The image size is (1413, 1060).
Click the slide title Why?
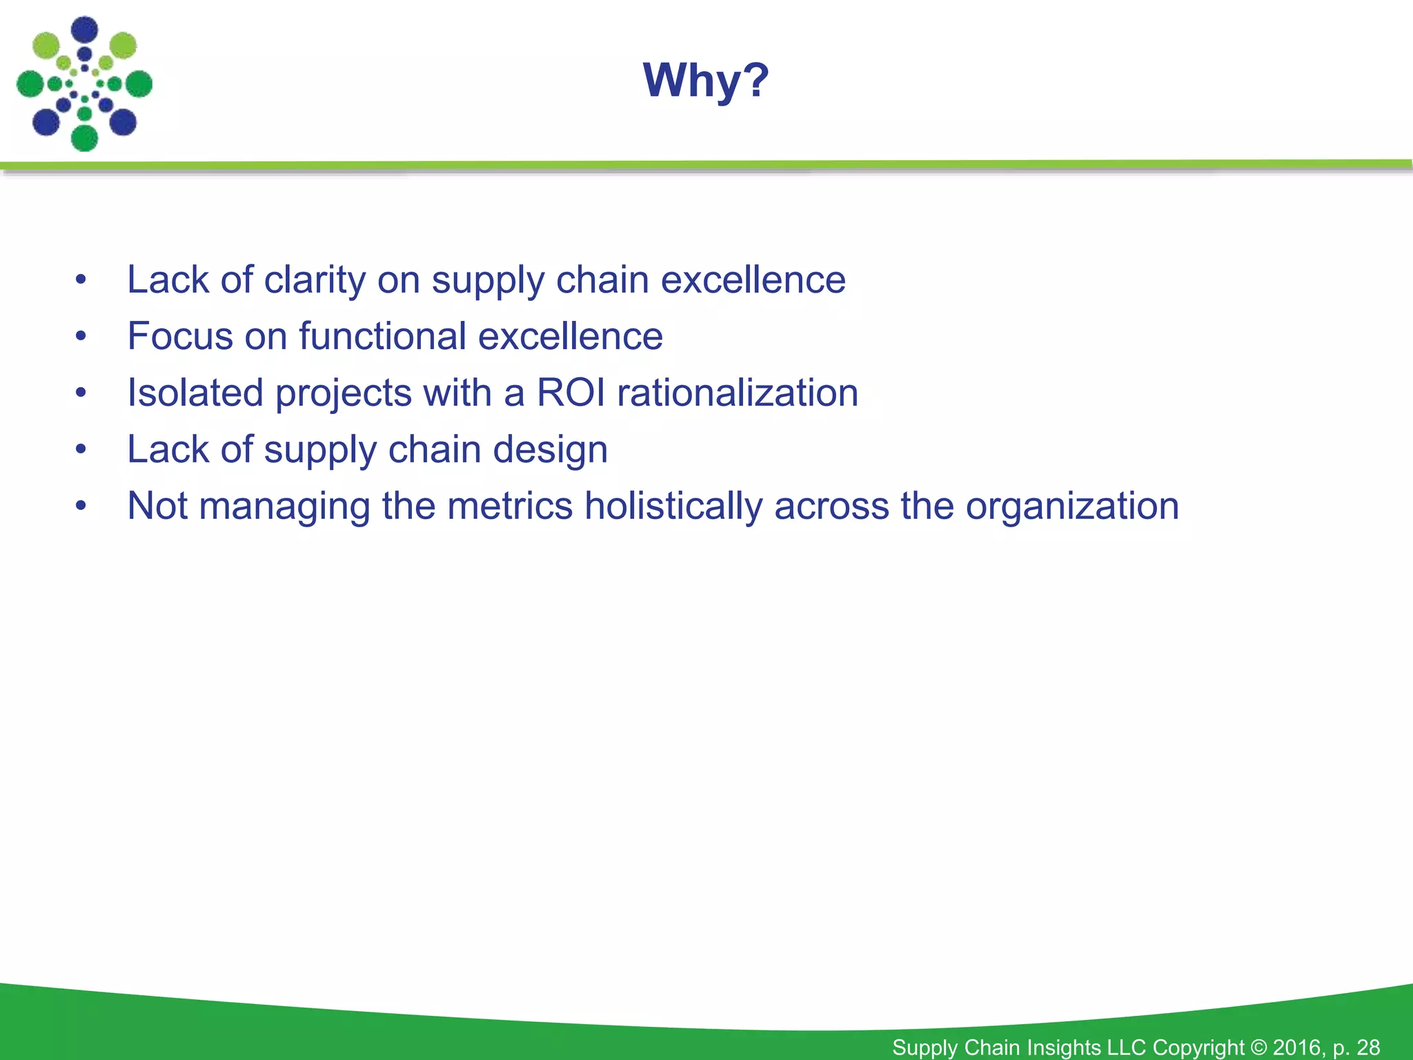pyautogui.click(x=706, y=80)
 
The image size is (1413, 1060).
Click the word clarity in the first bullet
pyautogui.click(x=315, y=280)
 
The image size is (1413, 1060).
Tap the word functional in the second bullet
pyautogui.click(x=382, y=337)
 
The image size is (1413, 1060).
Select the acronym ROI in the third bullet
pyautogui.click(x=571, y=393)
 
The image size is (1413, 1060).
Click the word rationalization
pyautogui.click(x=737, y=393)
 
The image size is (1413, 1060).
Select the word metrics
pyautogui.click(x=509, y=507)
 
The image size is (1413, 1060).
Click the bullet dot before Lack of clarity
pyautogui.click(x=81, y=280)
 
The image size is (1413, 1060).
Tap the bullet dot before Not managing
pyautogui.click(x=81, y=507)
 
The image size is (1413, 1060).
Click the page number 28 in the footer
pyautogui.click(x=1368, y=1047)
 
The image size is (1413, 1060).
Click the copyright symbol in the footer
pyautogui.click(x=1258, y=1047)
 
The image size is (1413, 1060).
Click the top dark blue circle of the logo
pyautogui.click(x=85, y=29)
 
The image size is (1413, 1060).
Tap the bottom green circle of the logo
pyautogui.click(x=84, y=138)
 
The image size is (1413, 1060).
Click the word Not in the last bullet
pyautogui.click(x=157, y=507)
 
